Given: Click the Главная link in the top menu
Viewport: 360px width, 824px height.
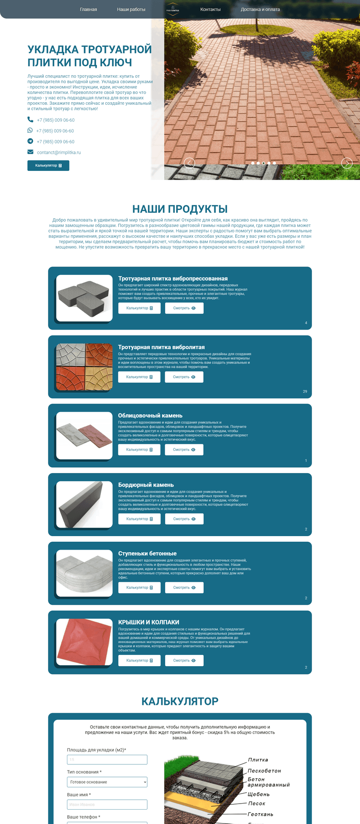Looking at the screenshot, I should click(x=88, y=10).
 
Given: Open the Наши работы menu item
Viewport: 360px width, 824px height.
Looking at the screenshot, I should click(x=131, y=10).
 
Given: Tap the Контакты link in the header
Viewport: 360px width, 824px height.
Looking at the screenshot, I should click(x=210, y=10).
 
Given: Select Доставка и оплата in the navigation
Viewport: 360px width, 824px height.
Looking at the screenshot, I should click(x=260, y=10).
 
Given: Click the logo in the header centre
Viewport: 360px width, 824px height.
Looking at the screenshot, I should click(x=173, y=10).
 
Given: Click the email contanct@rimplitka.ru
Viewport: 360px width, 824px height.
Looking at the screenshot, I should click(x=59, y=153).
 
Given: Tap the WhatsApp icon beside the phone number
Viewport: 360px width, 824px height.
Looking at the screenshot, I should click(x=30, y=130).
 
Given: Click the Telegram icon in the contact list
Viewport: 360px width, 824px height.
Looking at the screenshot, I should click(x=30, y=141).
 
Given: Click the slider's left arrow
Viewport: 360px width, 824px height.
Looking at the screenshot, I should click(x=189, y=163).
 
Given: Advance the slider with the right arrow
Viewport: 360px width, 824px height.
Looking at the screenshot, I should click(x=347, y=163).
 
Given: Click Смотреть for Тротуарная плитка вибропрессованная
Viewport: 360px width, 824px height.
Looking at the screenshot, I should click(x=184, y=308).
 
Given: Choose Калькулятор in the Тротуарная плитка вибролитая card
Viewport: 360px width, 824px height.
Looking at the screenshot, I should click(x=139, y=377).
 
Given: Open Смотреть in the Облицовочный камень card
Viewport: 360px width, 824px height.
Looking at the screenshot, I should click(x=184, y=450).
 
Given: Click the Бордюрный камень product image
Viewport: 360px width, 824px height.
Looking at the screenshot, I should click(x=84, y=504).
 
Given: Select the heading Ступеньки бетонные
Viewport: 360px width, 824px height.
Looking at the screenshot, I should click(x=147, y=554).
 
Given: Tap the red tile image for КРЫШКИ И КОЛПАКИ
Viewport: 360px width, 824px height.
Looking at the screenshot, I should click(x=84, y=642).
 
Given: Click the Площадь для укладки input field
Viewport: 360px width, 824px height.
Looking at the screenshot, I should click(x=107, y=760).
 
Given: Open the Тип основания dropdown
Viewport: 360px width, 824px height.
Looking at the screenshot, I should click(x=107, y=782).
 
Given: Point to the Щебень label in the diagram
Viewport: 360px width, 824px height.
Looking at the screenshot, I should click(x=259, y=794).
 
